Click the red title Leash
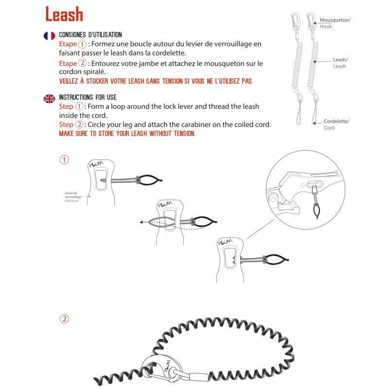(64, 15)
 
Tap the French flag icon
(49, 35)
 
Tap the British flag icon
(49, 98)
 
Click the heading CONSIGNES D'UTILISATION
(90, 35)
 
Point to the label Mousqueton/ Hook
(335, 23)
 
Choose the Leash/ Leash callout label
(339, 63)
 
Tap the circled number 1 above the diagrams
(64, 159)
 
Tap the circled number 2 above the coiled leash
(64, 319)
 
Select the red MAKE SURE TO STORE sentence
(127, 133)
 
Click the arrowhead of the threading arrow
(140, 222)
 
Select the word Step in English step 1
(66, 106)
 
